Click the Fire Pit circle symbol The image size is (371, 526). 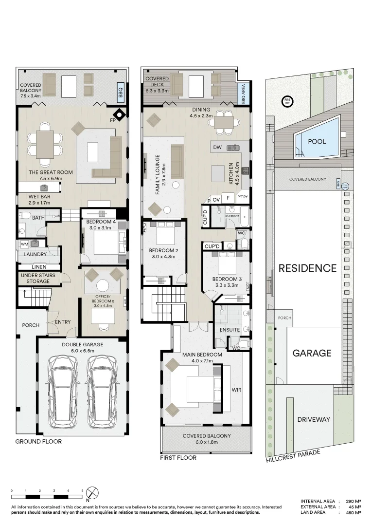286,101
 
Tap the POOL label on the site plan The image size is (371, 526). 317,141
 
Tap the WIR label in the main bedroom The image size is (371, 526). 237,390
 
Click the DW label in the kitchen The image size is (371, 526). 217,147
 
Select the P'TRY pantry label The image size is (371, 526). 242,197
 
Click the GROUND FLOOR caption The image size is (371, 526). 38,442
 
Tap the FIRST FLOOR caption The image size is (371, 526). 178,458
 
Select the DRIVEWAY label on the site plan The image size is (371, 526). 314,419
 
